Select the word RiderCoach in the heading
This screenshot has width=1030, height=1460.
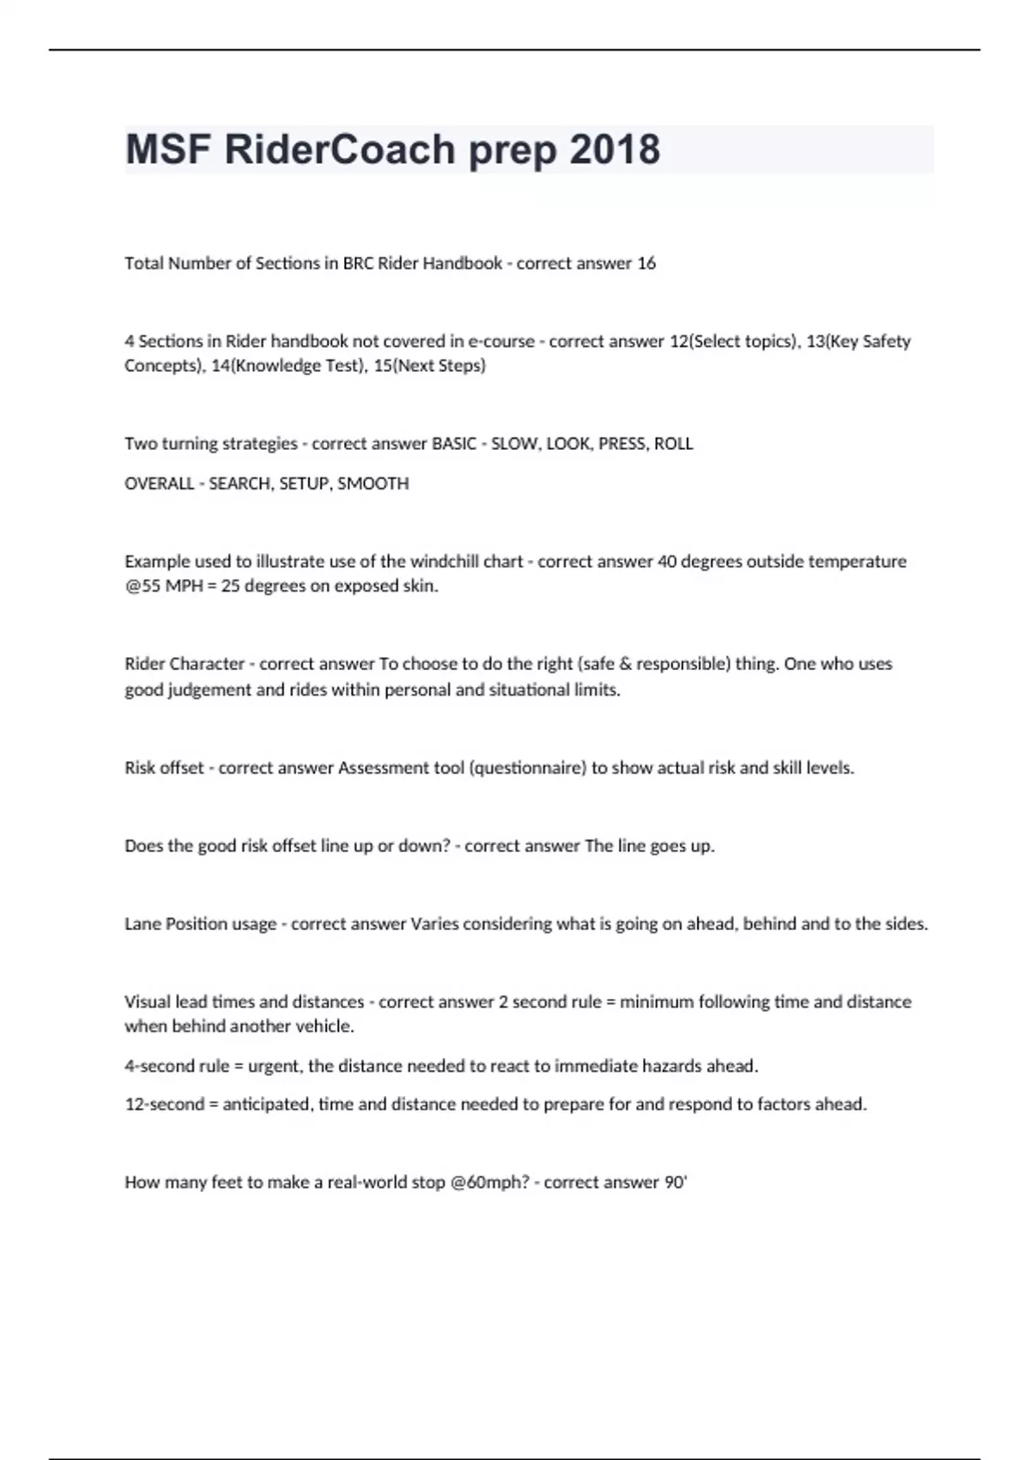pos(339,150)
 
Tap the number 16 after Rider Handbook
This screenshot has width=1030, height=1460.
pos(646,264)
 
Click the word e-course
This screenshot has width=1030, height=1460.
pos(501,341)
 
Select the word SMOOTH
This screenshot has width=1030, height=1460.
pos(373,484)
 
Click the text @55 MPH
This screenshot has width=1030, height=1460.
pos(164,587)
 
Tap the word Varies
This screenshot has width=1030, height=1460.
pos(435,924)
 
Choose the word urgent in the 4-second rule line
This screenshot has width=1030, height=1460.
pos(275,1066)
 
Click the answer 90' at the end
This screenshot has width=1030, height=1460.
pos(676,1183)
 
